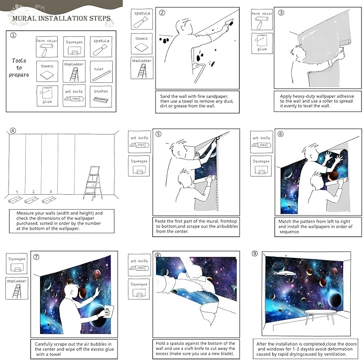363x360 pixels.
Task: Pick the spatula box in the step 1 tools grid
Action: (x=101, y=47)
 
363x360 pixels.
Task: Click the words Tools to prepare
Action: (x=19, y=67)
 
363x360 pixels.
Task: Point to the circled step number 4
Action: (x=13, y=131)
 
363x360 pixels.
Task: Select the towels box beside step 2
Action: (x=142, y=42)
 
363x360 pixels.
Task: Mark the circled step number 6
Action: (x=280, y=134)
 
